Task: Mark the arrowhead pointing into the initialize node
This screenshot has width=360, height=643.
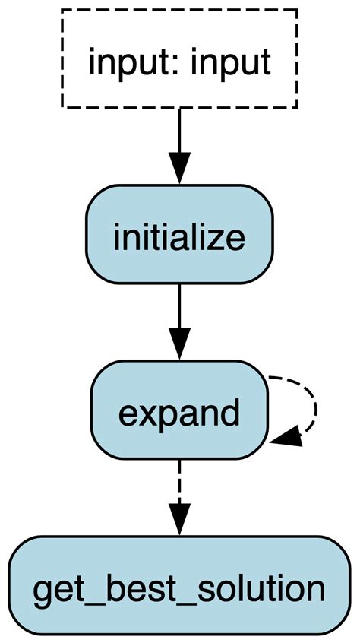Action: (x=179, y=169)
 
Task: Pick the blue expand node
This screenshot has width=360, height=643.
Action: (x=179, y=410)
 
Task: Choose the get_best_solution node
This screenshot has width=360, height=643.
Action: (x=179, y=586)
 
